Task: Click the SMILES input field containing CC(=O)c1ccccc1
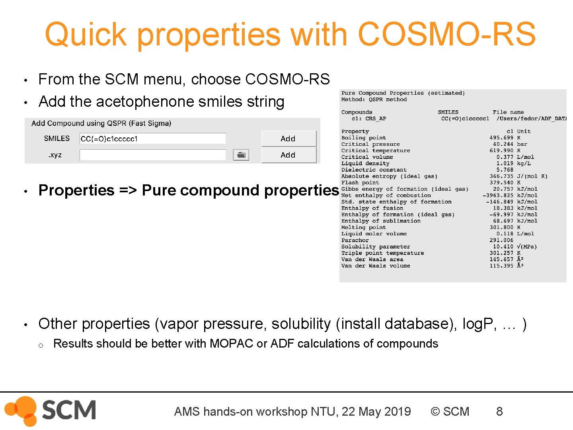pyautogui.click(x=153, y=139)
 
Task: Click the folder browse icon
pyautogui.click(x=241, y=155)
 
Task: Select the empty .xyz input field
pyautogui.click(x=153, y=155)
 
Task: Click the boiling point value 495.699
pyautogui.click(x=501, y=138)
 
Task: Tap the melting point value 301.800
pyautogui.click(x=501, y=227)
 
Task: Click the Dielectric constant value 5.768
pyautogui.click(x=505, y=170)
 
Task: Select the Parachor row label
pyautogui.click(x=355, y=240)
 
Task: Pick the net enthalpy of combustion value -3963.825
pyautogui.click(x=498, y=195)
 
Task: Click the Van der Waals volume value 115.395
pyautogui.click(x=501, y=266)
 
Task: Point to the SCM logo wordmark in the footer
pyautogui.click(x=68, y=410)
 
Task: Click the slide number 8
pyautogui.click(x=499, y=411)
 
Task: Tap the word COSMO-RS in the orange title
pyautogui.click(x=446, y=34)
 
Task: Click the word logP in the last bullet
pyautogui.click(x=479, y=324)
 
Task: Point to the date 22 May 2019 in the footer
pyautogui.click(x=376, y=411)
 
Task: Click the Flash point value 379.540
pyautogui.click(x=501, y=183)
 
